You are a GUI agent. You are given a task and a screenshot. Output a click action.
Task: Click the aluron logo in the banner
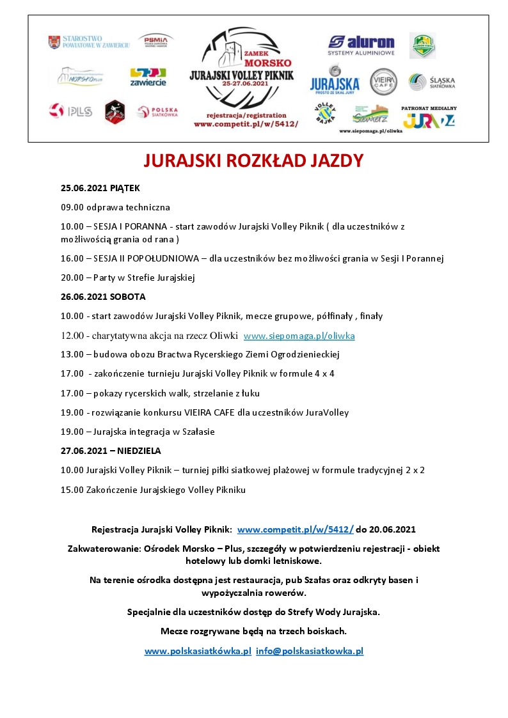point(361,45)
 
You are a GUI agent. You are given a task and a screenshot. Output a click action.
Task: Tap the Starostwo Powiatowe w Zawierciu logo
point(89,42)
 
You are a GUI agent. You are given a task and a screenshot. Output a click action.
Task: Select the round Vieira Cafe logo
point(383,81)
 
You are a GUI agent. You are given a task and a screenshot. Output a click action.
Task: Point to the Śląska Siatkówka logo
point(432,81)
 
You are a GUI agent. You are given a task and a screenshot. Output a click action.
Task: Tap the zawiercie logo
point(148,77)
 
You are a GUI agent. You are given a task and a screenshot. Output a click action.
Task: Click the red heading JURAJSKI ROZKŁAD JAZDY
point(253,160)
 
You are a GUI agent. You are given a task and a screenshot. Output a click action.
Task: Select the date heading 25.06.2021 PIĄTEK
point(100,188)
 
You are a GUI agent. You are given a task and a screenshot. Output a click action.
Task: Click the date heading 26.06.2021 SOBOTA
point(103,297)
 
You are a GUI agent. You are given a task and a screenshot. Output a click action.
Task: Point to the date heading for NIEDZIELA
point(111,451)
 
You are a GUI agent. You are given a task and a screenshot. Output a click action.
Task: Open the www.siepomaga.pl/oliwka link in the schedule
point(299,336)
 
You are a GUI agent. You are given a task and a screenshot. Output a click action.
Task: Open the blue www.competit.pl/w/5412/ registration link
point(295,529)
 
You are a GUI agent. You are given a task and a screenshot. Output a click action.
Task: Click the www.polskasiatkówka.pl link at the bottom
point(198,651)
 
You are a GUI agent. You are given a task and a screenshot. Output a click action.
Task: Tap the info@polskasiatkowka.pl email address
point(310,651)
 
